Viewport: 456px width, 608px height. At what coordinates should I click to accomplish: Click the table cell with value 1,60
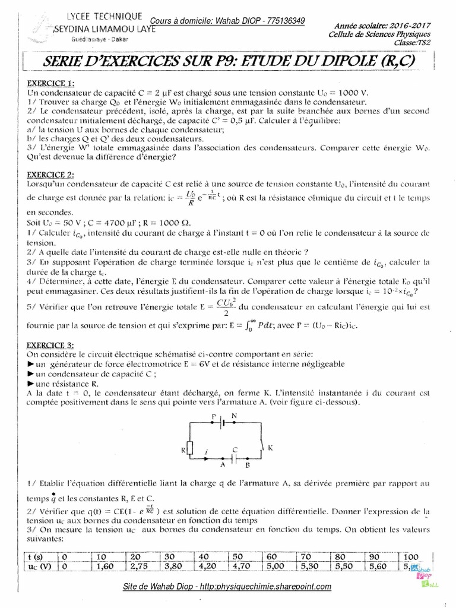(103, 566)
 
